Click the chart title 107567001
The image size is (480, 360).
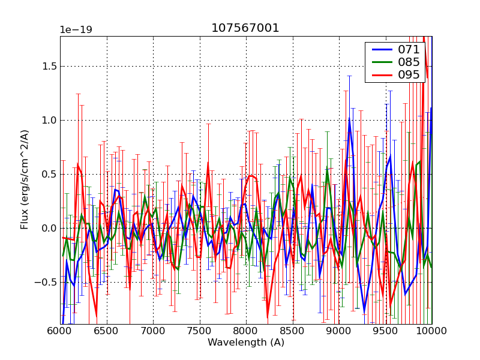tap(245, 28)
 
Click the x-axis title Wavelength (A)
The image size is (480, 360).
tap(245, 343)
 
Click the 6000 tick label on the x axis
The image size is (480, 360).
tap(60, 331)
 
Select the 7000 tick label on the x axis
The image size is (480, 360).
tap(153, 331)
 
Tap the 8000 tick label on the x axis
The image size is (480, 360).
tap(246, 331)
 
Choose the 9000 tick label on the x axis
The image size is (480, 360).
tap(339, 331)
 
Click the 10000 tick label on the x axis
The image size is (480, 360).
tap(431, 331)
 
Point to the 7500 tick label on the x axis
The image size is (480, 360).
tap(199, 331)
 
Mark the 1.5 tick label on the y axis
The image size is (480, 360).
tap(48, 66)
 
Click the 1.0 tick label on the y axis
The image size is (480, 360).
tap(48, 120)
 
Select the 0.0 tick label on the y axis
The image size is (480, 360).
tap(48, 228)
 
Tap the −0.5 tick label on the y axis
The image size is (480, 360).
tap(45, 282)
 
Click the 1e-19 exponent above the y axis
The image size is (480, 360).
tap(75, 30)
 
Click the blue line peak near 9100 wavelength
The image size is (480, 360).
tap(349, 119)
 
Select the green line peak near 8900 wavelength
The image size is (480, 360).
tap(328, 170)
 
